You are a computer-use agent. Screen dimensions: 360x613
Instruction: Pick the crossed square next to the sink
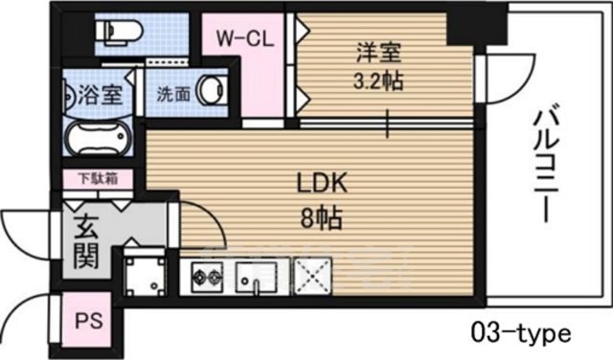pyautogui.click(x=311, y=277)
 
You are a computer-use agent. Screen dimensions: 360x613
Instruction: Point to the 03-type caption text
pyautogui.click(x=522, y=334)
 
